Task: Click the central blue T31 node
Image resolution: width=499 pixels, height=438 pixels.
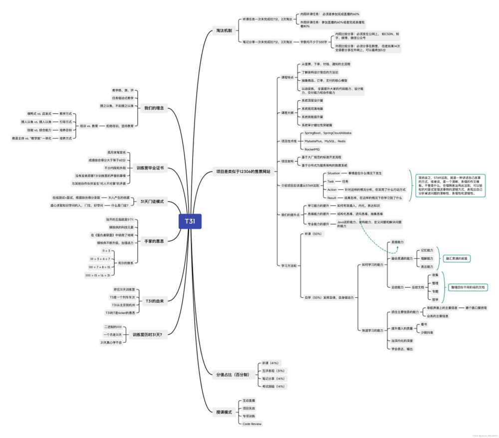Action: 190,221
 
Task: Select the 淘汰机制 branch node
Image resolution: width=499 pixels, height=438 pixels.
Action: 224,31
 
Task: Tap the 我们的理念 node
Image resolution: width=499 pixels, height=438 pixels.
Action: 154,108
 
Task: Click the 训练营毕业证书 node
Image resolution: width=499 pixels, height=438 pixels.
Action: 150,168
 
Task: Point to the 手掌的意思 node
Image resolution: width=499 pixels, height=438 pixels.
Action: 154,241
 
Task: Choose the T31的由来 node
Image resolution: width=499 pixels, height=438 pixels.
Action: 154,301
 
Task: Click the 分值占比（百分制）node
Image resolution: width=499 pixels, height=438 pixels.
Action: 232,374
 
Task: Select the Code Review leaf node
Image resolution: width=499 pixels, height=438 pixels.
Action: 252,424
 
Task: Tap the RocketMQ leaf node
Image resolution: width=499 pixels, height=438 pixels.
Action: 312,149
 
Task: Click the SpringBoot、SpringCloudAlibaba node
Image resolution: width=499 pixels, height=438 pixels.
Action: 328,133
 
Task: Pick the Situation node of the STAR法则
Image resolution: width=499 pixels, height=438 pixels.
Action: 333,173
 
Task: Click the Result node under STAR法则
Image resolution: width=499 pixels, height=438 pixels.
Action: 332,198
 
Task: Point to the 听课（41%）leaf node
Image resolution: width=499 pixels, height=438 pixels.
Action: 270,363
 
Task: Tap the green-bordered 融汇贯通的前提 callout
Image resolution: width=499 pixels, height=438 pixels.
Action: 457,258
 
